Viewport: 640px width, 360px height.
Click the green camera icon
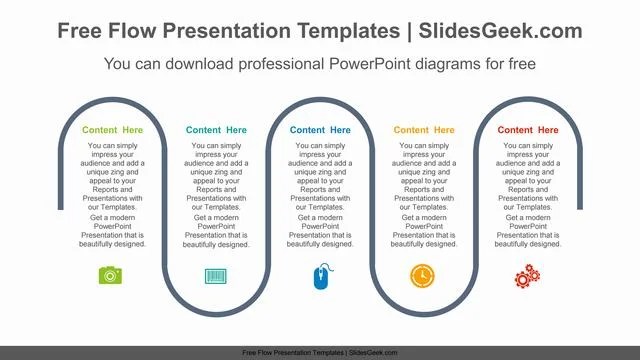tap(111, 275)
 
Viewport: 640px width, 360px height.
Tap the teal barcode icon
tap(216, 275)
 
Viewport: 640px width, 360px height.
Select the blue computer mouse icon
tap(320, 277)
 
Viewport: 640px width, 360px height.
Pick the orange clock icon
tap(423, 275)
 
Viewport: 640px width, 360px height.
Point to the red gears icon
tap(527, 276)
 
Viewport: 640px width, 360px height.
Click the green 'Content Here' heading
tap(113, 130)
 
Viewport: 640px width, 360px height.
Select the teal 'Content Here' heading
tap(216, 130)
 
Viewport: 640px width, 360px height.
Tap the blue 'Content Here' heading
tap(320, 130)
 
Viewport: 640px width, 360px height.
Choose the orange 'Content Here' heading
tap(424, 130)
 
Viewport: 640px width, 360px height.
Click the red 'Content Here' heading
tap(528, 130)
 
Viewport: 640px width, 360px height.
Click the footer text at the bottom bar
tap(320, 353)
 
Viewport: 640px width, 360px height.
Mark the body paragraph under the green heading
tap(113, 194)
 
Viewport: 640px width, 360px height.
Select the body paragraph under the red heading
tap(528, 194)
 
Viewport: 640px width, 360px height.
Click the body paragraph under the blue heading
tap(320, 194)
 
